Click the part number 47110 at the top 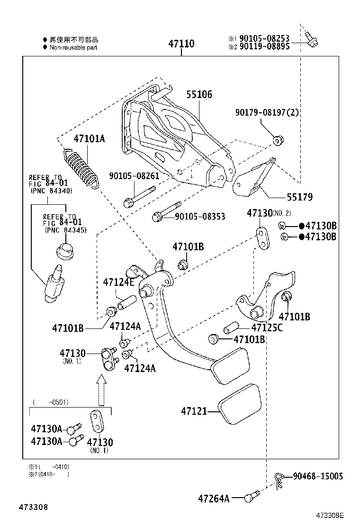(181, 44)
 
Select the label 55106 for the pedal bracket (199, 95)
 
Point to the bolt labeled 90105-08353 (166, 210)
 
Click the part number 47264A (214, 499)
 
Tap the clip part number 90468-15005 (317, 476)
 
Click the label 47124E (119, 282)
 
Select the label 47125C (267, 327)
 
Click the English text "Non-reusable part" (73, 47)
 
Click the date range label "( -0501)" (51, 402)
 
